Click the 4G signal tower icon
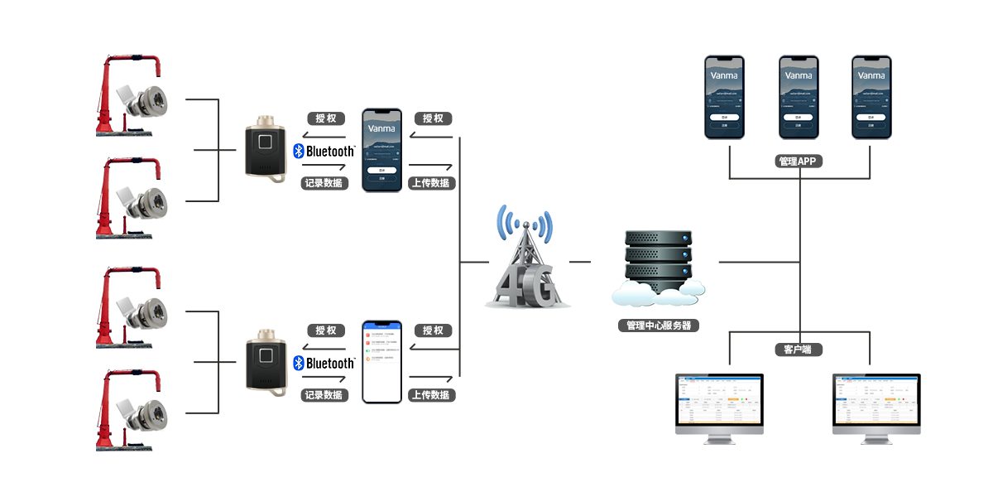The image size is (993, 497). click(x=526, y=261)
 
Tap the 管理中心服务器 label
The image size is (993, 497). click(x=659, y=326)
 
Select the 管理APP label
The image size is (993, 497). click(x=798, y=162)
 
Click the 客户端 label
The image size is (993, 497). click(x=798, y=350)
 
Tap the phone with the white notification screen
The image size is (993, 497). click(x=381, y=362)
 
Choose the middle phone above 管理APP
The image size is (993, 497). click(x=799, y=97)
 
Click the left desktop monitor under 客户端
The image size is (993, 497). click(x=719, y=408)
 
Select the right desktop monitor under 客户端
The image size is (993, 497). click(x=875, y=408)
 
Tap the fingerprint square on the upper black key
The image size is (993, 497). click(x=266, y=141)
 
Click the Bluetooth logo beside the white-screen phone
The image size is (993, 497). click(x=300, y=364)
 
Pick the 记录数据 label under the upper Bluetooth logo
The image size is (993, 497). click(x=324, y=183)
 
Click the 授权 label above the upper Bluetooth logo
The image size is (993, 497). click(x=325, y=118)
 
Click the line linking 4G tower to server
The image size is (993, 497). click(x=581, y=262)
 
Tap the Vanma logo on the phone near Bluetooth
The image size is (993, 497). click(x=381, y=129)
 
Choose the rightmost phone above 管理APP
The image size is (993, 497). click(x=872, y=97)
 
